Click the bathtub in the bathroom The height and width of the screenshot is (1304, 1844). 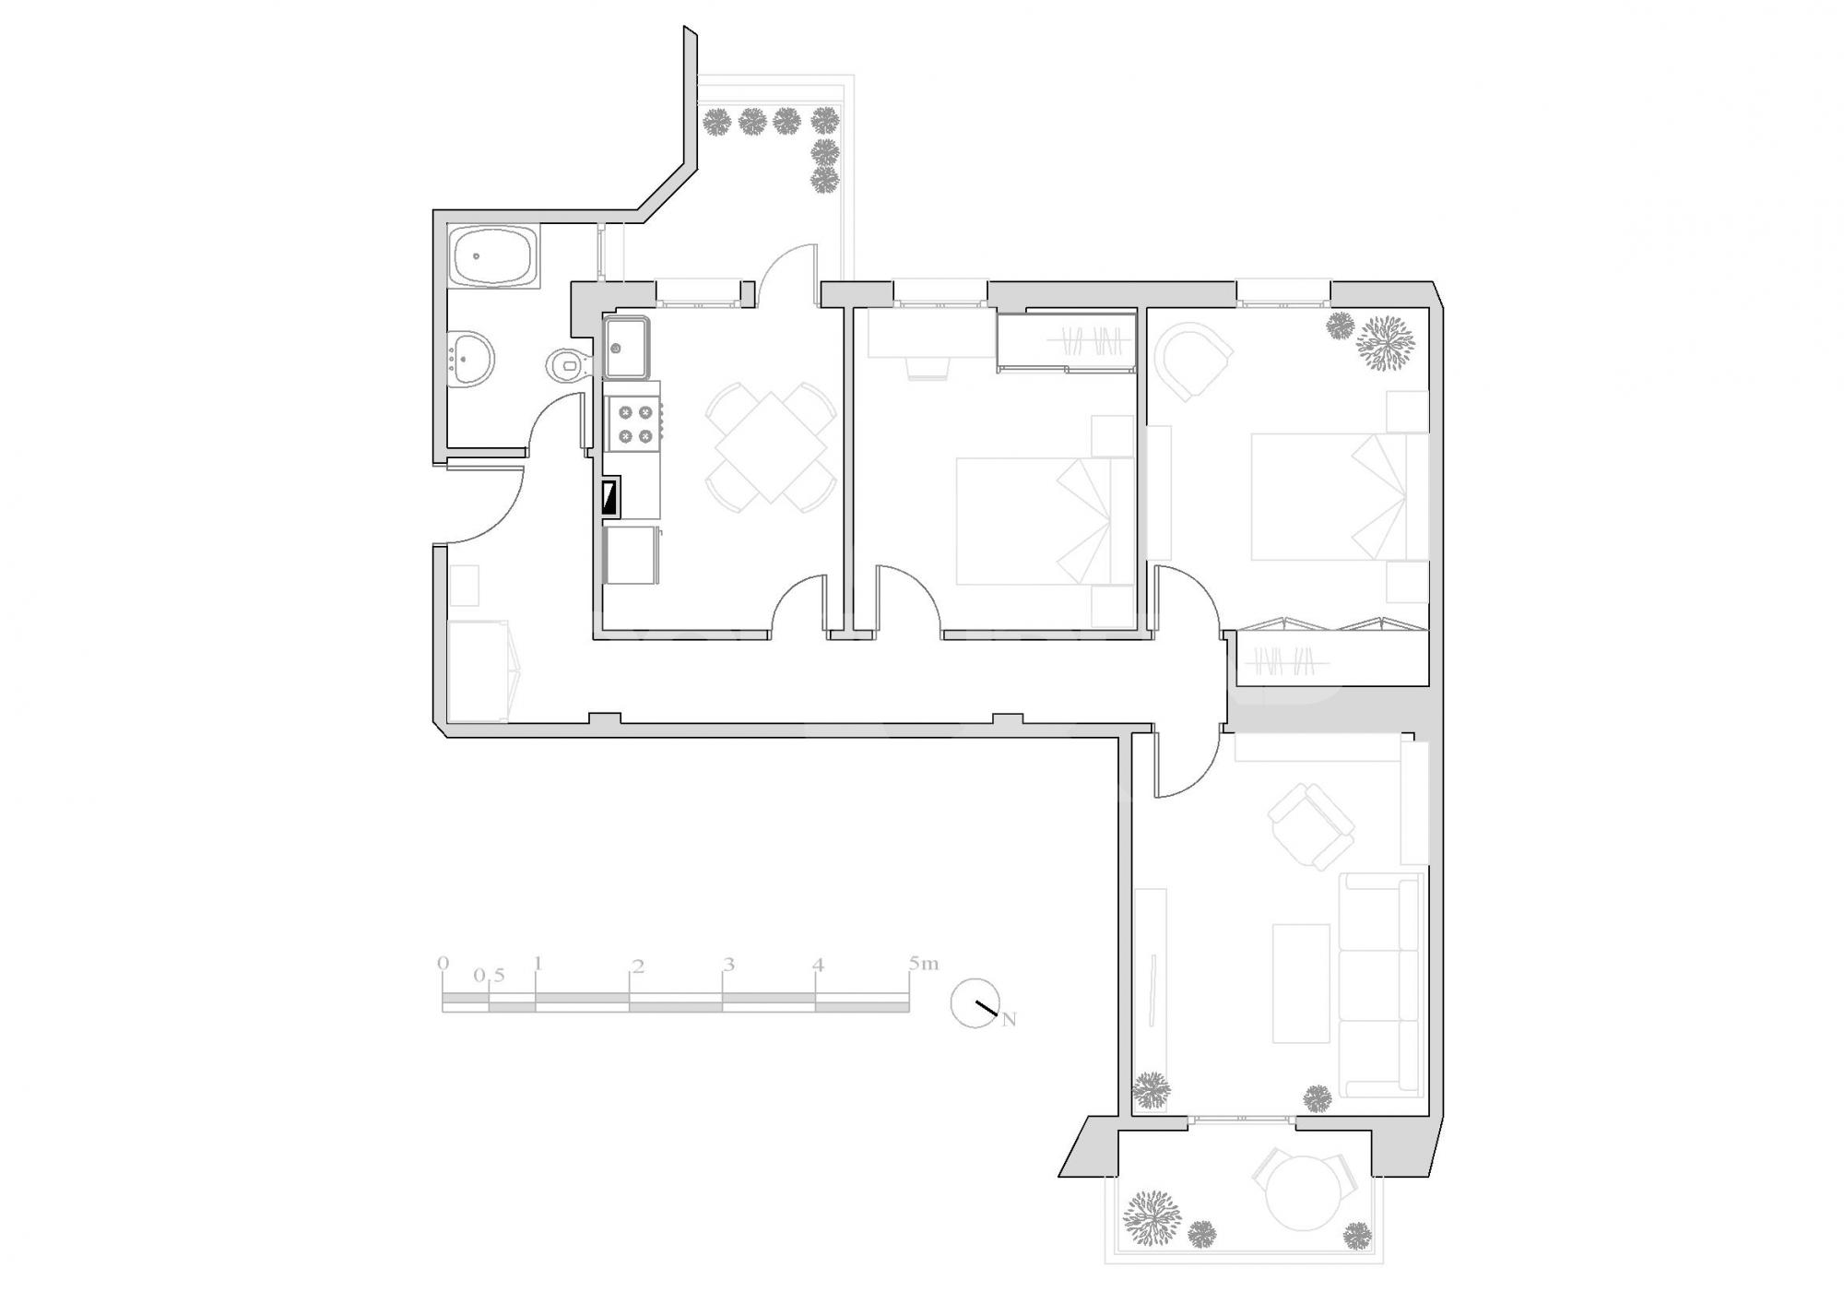click(x=493, y=257)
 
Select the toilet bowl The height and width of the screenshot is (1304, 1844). click(x=565, y=365)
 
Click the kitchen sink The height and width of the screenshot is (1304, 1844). click(x=627, y=347)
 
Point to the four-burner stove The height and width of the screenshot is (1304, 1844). click(x=632, y=424)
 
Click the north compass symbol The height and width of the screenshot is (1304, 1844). click(x=977, y=1003)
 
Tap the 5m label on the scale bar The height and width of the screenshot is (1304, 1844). click(x=923, y=964)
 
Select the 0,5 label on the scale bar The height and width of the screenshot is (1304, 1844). click(x=490, y=976)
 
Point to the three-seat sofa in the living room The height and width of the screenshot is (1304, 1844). click(x=1380, y=984)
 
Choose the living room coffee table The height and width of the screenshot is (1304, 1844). click(x=1301, y=983)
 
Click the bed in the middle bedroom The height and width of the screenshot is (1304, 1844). click(x=1045, y=521)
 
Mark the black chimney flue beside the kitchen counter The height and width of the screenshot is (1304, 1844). click(x=610, y=498)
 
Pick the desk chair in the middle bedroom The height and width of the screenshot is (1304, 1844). click(x=928, y=368)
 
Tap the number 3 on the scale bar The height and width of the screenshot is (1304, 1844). click(x=728, y=966)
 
